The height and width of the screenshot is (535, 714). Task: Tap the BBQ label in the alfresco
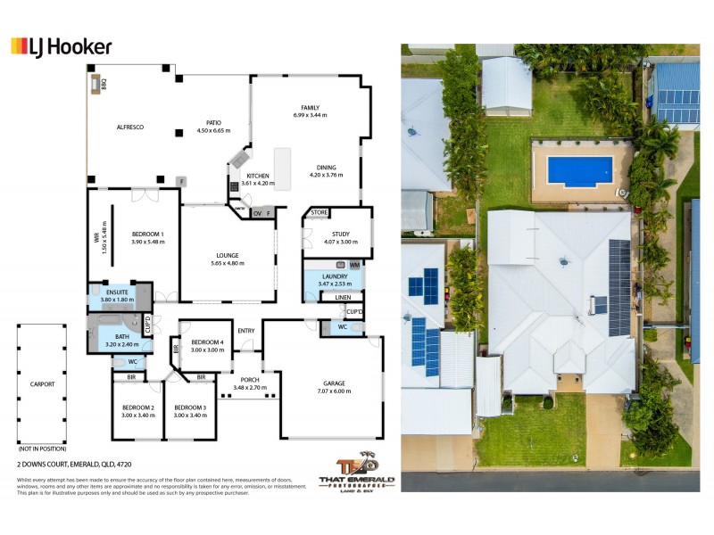(x=104, y=85)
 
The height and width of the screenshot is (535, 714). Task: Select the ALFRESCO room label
(x=130, y=128)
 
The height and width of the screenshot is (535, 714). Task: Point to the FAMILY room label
(x=310, y=109)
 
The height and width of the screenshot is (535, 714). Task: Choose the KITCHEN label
(x=258, y=177)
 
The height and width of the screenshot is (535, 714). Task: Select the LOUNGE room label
(x=225, y=256)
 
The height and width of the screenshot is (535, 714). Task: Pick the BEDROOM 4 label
(x=207, y=342)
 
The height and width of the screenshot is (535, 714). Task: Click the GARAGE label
(x=334, y=384)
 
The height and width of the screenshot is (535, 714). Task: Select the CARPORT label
(x=42, y=384)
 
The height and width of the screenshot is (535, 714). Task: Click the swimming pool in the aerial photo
(x=580, y=170)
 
